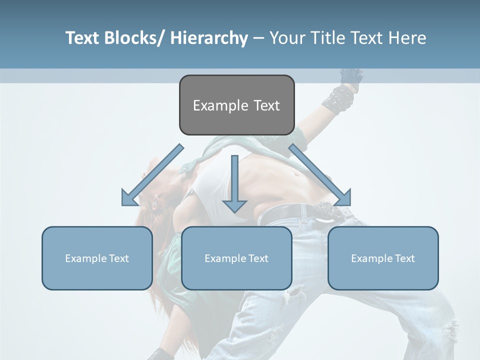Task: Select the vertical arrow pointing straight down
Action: point(234,185)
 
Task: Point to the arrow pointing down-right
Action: point(320,175)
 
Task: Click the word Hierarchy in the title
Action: point(209,38)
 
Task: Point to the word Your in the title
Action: point(286,38)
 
